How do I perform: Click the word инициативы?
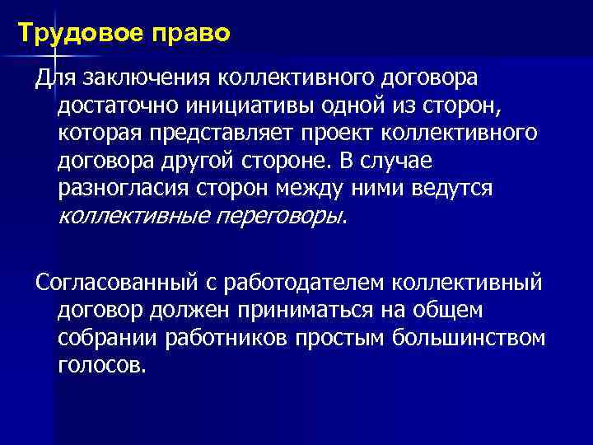[244, 105]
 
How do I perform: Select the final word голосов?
[102, 364]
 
